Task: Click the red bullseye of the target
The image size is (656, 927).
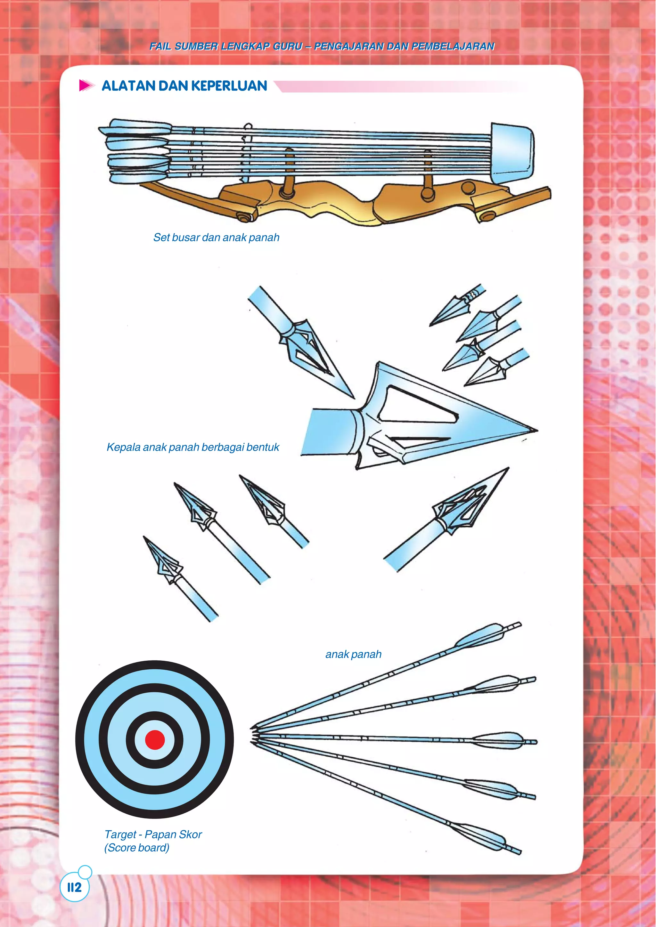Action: tap(155, 739)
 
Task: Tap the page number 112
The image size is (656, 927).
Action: tap(74, 887)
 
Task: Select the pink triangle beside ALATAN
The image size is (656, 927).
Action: tap(86, 85)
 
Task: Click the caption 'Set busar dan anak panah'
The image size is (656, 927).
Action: tap(216, 238)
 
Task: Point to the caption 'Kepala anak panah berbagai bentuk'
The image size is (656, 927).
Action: tap(193, 447)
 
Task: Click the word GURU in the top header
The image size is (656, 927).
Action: tap(288, 46)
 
